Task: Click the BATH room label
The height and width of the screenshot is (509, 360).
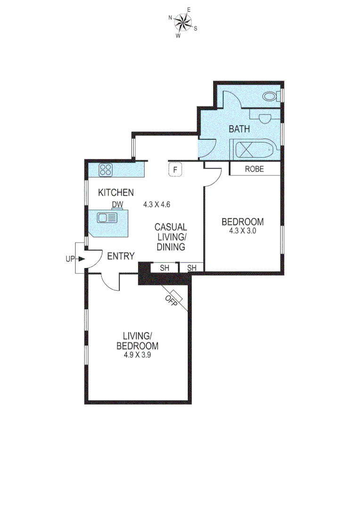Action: coord(239,129)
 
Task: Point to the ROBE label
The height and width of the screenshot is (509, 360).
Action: coord(254,169)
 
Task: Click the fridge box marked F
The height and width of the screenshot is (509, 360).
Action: coord(175,170)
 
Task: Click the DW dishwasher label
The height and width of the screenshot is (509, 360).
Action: coord(117,205)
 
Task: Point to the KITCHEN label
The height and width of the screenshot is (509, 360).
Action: coord(116,192)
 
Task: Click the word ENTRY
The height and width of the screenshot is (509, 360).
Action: coord(121,256)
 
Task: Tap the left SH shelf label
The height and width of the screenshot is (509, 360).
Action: coord(164,268)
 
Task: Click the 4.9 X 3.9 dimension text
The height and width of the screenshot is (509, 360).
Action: coord(137,355)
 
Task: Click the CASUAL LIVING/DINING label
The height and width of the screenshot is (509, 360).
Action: coord(171,237)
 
